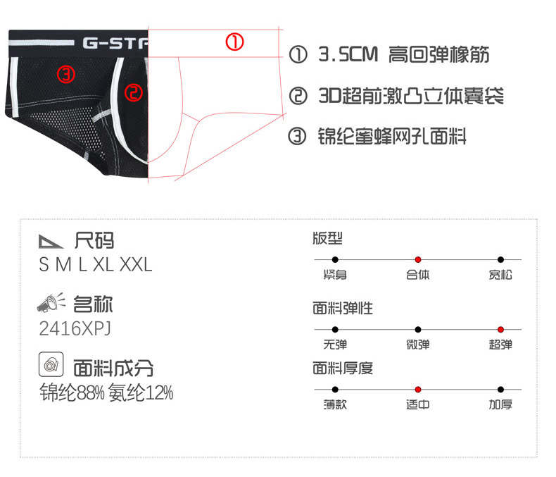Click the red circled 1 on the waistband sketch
(234, 42)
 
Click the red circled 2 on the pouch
(134, 92)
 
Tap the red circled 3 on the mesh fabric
(65, 74)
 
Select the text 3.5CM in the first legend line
(348, 55)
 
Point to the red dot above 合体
(417, 260)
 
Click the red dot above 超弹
(500, 329)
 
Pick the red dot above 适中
(417, 389)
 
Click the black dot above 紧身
(335, 260)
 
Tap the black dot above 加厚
(500, 389)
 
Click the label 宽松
(500, 275)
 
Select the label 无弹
(335, 345)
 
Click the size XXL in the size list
(136, 265)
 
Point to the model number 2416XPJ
(75, 328)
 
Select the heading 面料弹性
(343, 308)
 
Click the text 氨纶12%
(141, 393)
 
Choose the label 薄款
(335, 404)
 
